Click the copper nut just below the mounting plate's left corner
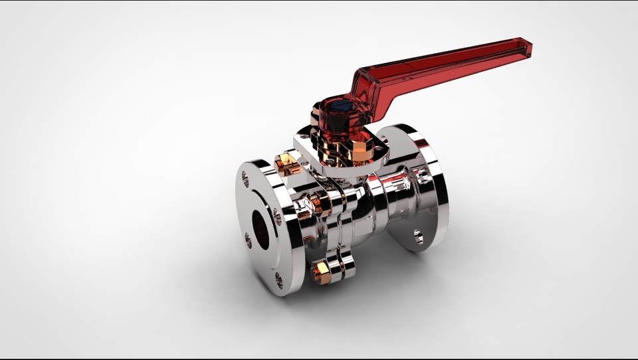point(285,163)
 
